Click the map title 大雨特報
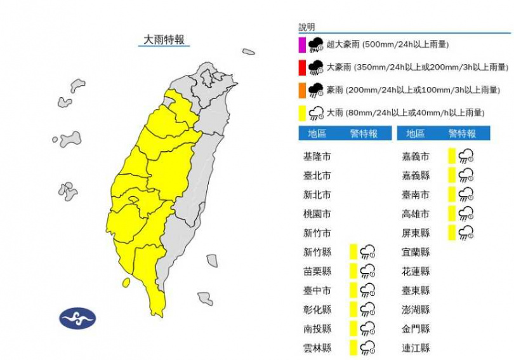[x=164, y=39]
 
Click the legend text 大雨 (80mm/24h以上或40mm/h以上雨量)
[x=405, y=113]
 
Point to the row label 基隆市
[x=317, y=156]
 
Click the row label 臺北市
[x=317, y=175]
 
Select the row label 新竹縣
[x=317, y=252]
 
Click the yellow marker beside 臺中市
[x=353, y=290]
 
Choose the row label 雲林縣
[x=317, y=348]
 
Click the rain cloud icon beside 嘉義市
[x=466, y=156]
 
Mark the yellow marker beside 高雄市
[x=451, y=213]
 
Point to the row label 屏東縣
[x=416, y=233]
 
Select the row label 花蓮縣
[x=416, y=271]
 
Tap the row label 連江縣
[x=416, y=348]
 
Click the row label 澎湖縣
[x=416, y=310]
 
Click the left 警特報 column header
[x=364, y=134]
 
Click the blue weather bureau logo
[x=77, y=318]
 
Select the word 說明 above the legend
[x=306, y=27]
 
